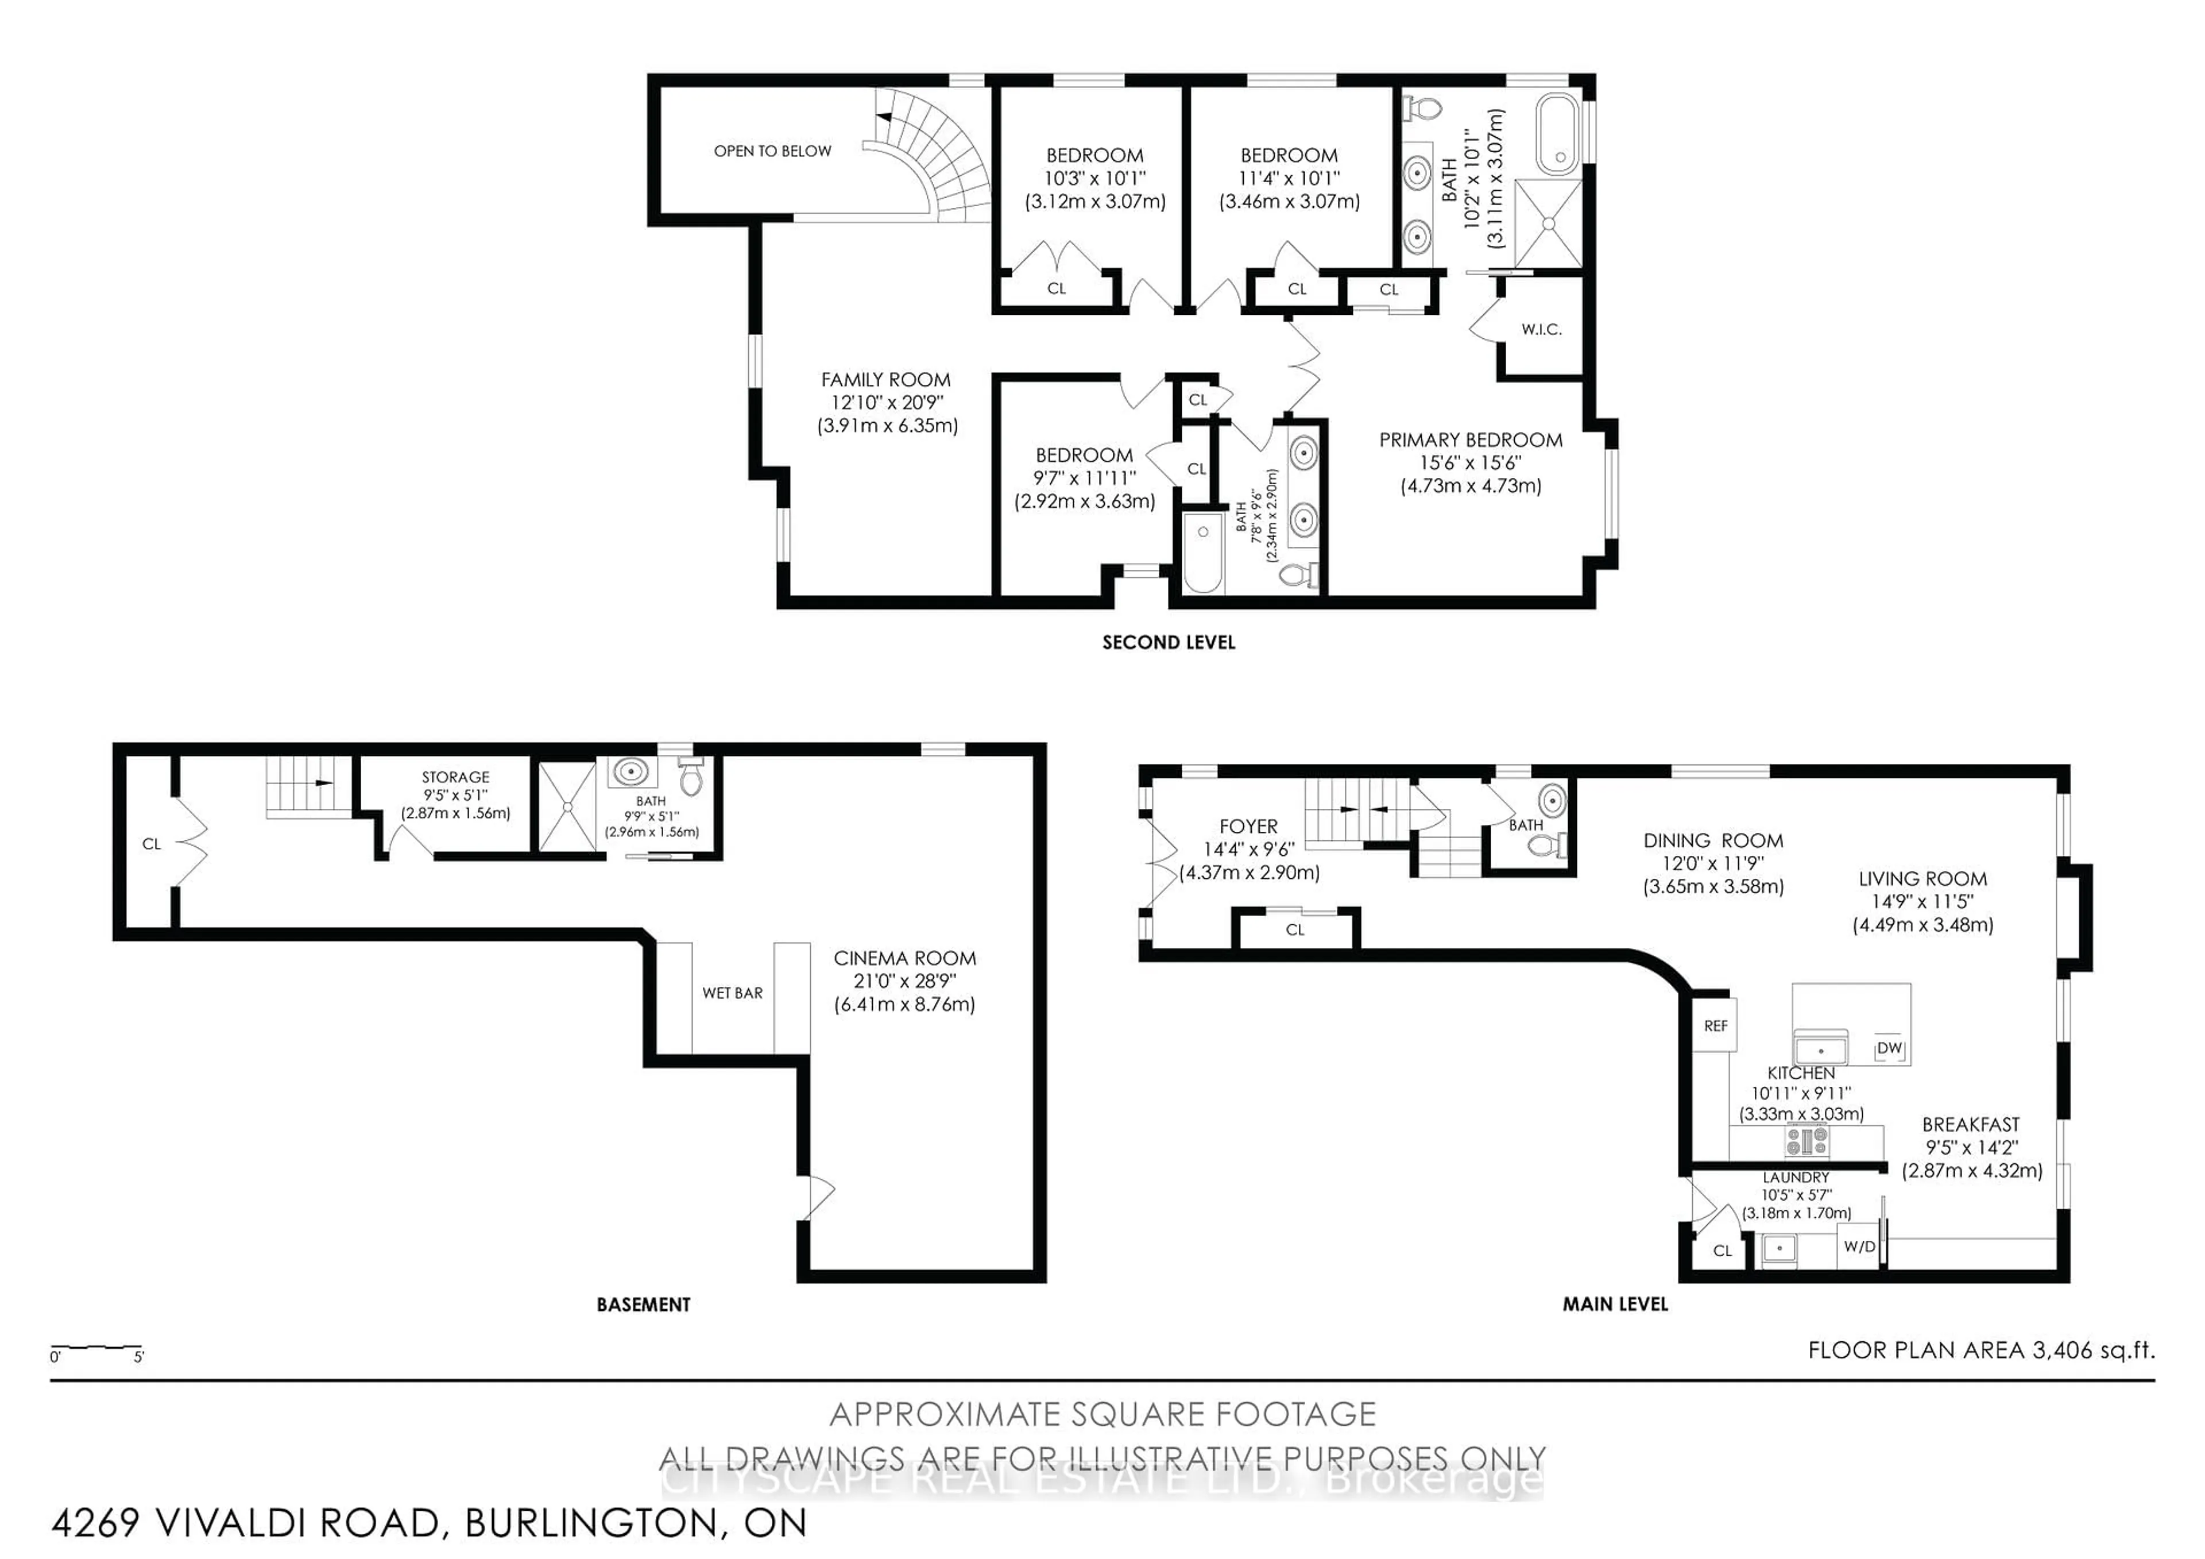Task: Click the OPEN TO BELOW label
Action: point(772,151)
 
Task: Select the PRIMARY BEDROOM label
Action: point(1471,440)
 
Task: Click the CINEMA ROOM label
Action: point(904,958)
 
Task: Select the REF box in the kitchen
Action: point(1715,1026)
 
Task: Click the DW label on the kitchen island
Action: point(1888,1048)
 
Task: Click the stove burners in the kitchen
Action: point(1806,1141)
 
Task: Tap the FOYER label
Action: point(1248,826)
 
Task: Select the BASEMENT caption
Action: point(644,1305)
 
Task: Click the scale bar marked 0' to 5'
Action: point(96,1349)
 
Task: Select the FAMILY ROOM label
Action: point(885,380)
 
